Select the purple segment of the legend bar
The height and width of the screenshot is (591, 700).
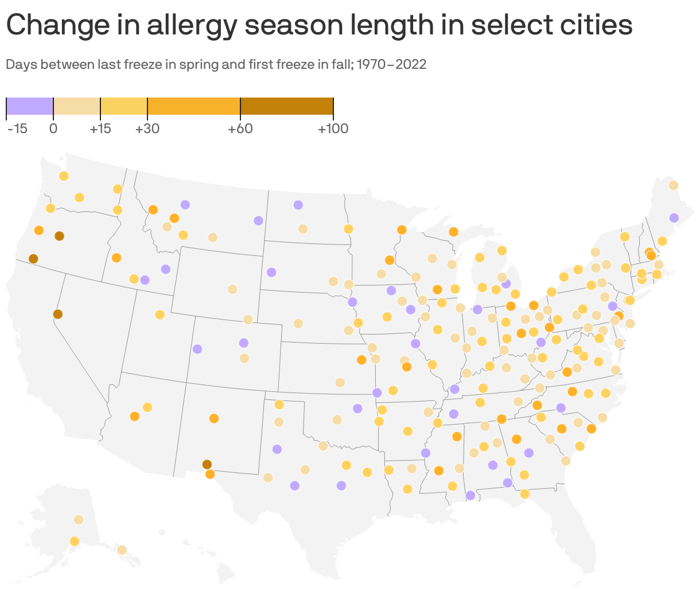pos(30,106)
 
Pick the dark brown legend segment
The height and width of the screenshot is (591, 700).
pos(286,106)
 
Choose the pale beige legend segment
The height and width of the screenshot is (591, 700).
pos(77,106)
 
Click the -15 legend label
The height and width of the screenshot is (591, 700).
pos(17,129)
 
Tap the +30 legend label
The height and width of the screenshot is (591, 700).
pos(147,129)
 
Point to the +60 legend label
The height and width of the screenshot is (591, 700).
pos(240,129)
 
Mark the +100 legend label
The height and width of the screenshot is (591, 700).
pos(333,129)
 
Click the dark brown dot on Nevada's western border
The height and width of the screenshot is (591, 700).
pos(57,314)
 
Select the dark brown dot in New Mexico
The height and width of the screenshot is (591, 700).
pos(207,464)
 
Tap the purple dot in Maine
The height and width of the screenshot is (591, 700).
pos(674,217)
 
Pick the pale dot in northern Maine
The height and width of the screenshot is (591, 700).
pos(673,185)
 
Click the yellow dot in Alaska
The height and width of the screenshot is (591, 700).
pos(75,541)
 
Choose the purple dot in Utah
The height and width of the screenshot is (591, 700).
pos(197,349)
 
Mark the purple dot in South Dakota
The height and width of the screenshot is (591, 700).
pos(271,272)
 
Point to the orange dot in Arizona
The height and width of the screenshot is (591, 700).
pos(134,416)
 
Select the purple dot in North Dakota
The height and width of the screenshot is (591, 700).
pos(298,205)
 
